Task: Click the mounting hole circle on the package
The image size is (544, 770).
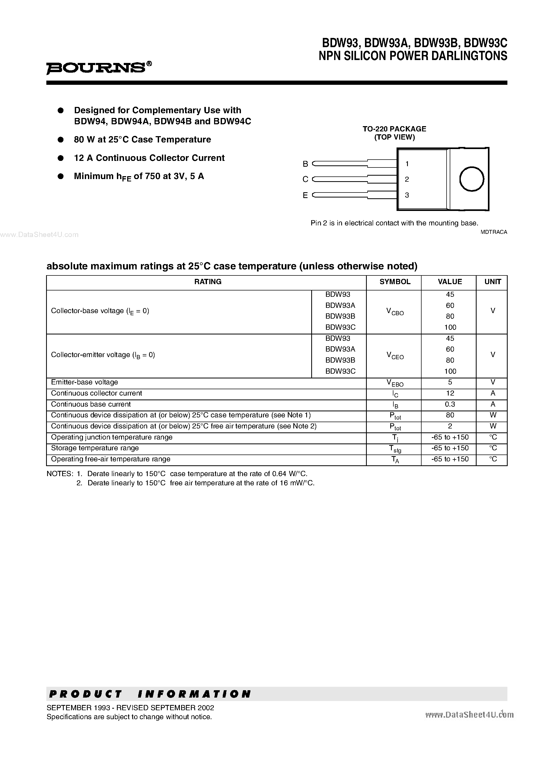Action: [471, 179]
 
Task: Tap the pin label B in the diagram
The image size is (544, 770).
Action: [305, 164]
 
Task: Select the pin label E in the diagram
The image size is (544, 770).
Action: [305, 195]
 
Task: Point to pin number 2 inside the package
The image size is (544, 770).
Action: [407, 179]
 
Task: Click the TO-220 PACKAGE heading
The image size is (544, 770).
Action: [394, 129]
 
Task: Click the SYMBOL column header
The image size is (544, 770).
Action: [395, 282]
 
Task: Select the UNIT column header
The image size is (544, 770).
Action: [492, 282]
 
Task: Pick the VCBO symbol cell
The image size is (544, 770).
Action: [395, 312]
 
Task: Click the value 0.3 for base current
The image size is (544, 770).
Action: [450, 404]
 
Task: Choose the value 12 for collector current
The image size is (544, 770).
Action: [450, 393]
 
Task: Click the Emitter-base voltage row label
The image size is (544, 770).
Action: [85, 382]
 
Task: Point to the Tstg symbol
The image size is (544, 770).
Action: [395, 449]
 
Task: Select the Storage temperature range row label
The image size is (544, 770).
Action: [95, 448]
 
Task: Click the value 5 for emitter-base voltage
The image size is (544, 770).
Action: [450, 382]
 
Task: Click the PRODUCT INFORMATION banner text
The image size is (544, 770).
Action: [150, 694]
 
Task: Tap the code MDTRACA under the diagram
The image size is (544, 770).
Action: [494, 232]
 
